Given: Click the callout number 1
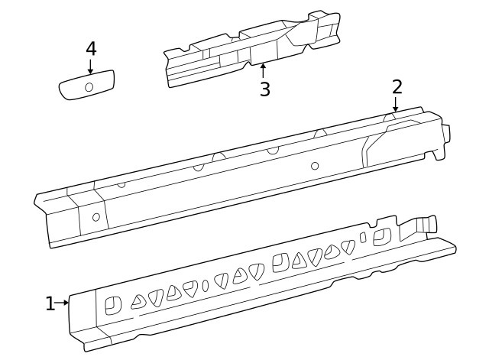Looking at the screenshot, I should point(50,304).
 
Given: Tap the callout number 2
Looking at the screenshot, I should point(397,86).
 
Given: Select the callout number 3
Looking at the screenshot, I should point(264,89).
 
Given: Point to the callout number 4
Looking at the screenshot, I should point(91,48).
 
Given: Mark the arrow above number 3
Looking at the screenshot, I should point(264,71).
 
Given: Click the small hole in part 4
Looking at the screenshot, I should point(89,87).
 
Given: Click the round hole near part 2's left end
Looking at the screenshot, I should point(96,216).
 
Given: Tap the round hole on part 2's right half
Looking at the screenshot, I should point(315,166).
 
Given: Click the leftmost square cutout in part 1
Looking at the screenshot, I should point(112,304).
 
